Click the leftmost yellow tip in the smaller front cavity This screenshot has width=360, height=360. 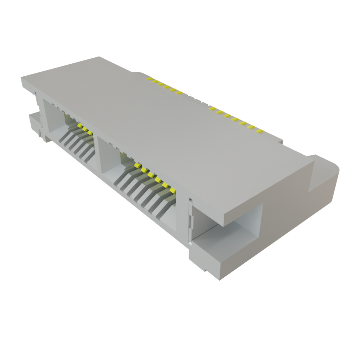click(80, 125)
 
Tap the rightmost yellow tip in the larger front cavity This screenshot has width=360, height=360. click(172, 190)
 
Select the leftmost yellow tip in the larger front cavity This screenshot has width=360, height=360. click(137, 165)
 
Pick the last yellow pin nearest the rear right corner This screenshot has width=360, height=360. click(260, 131)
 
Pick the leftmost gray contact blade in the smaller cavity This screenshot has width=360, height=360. click(63, 139)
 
